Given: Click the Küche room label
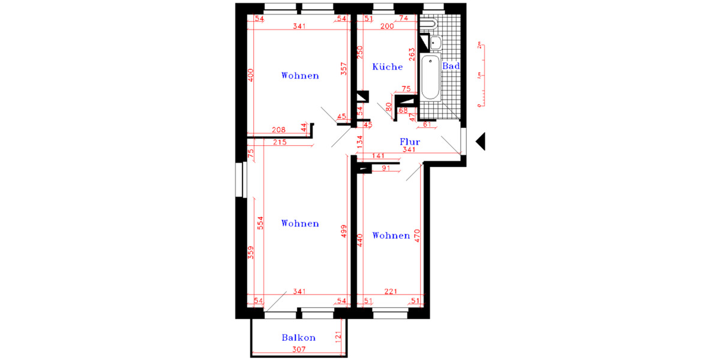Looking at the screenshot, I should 388,67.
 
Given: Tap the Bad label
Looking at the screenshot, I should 451,66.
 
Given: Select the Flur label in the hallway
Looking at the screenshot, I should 410,142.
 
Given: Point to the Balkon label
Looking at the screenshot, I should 299,338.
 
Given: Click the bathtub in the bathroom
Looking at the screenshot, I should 430,78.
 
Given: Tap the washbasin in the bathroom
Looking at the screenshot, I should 435,41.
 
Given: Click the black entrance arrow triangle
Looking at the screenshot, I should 480,142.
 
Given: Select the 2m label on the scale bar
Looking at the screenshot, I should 479,46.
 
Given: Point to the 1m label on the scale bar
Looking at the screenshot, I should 479,75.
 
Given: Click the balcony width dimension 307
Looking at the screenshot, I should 299,350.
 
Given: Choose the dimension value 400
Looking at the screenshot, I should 251,76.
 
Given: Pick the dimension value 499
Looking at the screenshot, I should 343,232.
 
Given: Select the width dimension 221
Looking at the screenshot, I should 391,292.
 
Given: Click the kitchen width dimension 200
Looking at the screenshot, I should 387,27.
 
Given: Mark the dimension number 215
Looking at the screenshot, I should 279,142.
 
